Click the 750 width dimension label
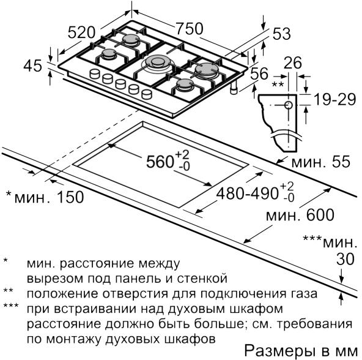(190, 29)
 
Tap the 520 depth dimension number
(81, 32)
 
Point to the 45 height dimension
(33, 66)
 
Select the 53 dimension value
(281, 34)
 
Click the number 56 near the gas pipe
(259, 73)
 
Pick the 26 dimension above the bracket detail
(293, 62)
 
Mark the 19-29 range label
(334, 100)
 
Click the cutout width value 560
(160, 161)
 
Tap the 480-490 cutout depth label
(247, 193)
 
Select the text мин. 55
(320, 162)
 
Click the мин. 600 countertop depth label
(300, 215)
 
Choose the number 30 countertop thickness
(345, 259)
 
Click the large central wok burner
(158, 62)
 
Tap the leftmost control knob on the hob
(94, 74)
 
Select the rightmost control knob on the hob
(147, 94)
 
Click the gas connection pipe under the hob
(234, 88)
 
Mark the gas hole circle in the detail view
(289, 105)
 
